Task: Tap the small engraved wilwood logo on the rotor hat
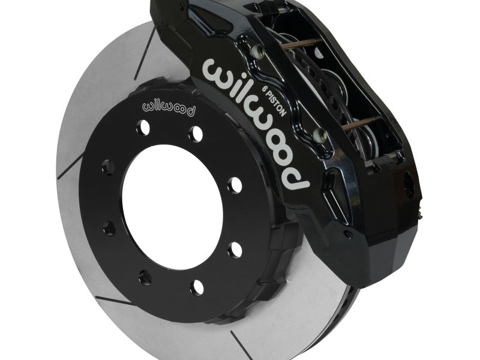[169, 109]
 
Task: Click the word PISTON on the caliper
[277, 104]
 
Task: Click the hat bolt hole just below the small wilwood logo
[143, 127]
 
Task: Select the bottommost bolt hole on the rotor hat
[197, 287]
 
